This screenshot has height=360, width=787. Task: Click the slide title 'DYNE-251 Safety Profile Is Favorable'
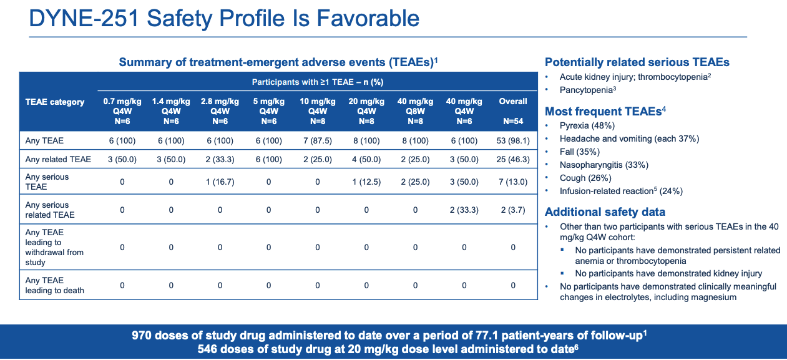point(225,18)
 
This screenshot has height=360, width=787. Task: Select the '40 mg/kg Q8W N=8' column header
point(415,111)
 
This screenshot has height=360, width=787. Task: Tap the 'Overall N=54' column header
point(513,111)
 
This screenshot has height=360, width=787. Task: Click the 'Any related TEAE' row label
point(58,160)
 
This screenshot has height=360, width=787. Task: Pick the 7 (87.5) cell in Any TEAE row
point(318,141)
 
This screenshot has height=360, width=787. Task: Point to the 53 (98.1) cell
point(513,141)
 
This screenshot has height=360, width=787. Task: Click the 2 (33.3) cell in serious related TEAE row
point(464,210)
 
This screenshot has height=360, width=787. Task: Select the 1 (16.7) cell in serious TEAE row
point(220,182)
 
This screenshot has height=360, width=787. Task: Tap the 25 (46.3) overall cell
point(513,160)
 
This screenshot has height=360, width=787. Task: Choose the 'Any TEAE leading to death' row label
point(55,285)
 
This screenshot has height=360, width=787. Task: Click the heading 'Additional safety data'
point(605,212)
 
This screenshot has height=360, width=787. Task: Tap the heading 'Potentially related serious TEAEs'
point(637,62)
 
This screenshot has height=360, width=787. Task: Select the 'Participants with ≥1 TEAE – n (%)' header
point(317,82)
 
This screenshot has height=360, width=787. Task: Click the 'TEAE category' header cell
point(55,102)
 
